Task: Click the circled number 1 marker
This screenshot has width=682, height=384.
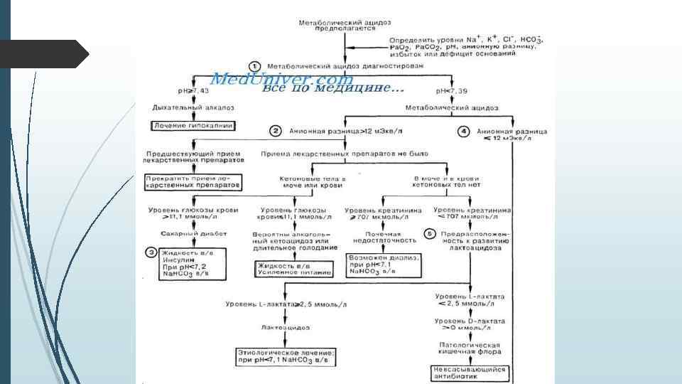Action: point(261,65)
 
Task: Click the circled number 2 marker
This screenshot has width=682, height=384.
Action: point(275,131)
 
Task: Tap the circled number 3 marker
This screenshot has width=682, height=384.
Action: point(151,251)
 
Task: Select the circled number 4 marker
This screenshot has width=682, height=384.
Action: point(463,131)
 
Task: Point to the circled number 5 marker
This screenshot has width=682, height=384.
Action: point(428,234)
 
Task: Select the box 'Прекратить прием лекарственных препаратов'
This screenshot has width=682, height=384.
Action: point(193,181)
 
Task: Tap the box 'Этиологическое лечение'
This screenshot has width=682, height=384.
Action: point(286,356)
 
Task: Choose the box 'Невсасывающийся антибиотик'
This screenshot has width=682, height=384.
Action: point(469,373)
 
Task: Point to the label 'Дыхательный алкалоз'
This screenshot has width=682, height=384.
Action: point(193,108)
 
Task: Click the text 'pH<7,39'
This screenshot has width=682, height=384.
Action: point(453,91)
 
